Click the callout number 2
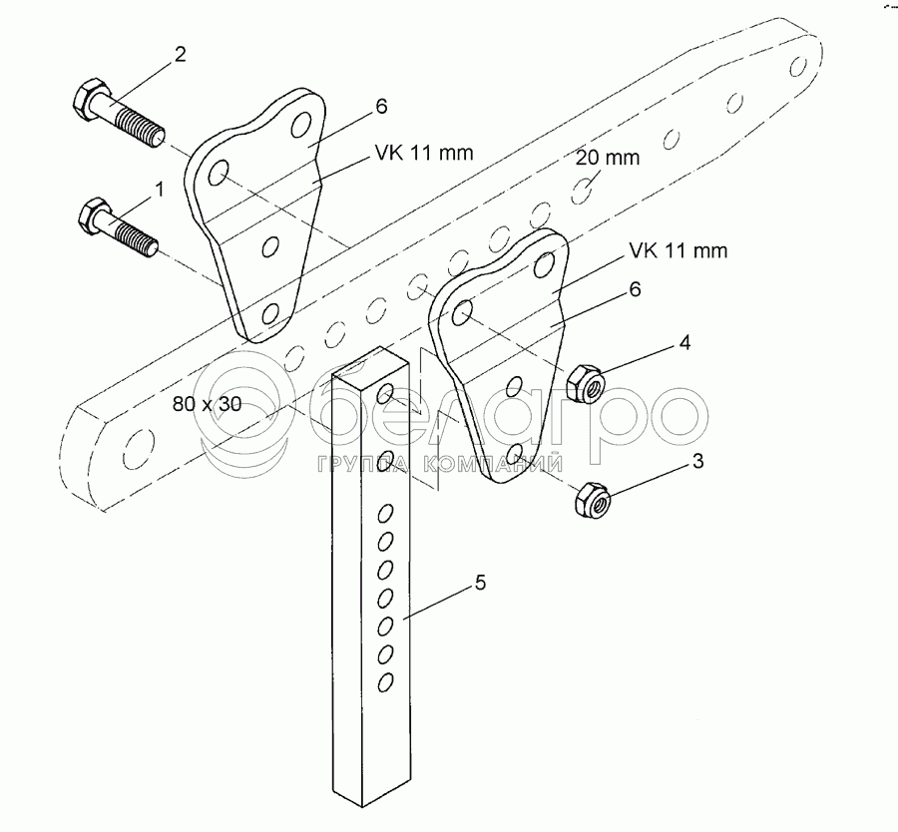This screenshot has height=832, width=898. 180,55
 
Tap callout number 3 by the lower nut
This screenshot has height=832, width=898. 698,462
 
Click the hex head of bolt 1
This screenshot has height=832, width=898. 91,213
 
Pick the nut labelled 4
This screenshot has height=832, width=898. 583,383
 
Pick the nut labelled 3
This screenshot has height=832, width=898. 591,499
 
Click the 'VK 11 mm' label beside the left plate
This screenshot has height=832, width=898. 424,153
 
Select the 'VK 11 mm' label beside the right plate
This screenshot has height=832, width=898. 677,250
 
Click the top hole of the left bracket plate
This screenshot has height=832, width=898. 298,127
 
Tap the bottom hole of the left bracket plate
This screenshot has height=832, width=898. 268,316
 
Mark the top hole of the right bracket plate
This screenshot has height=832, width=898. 544,265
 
